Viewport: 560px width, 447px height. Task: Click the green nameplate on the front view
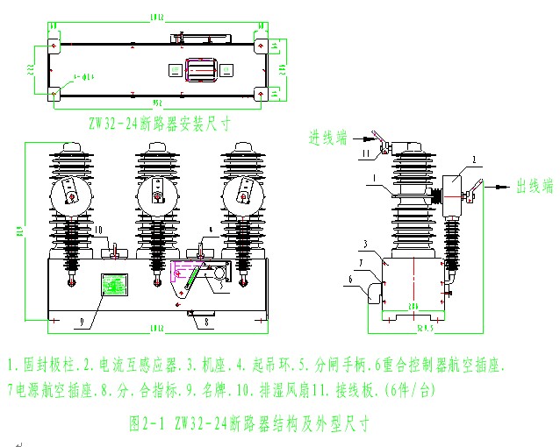tap(115, 287)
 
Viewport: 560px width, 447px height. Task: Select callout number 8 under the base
tap(206, 323)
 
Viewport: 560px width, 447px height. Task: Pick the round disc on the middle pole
tap(157, 198)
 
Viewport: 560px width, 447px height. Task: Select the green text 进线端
tap(327, 137)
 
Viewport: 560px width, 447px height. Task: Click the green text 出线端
tap(535, 186)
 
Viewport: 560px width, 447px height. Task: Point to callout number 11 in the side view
tap(368, 154)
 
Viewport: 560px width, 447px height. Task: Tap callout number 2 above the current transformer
tap(475, 160)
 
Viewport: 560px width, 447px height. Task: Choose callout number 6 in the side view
tap(350, 280)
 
